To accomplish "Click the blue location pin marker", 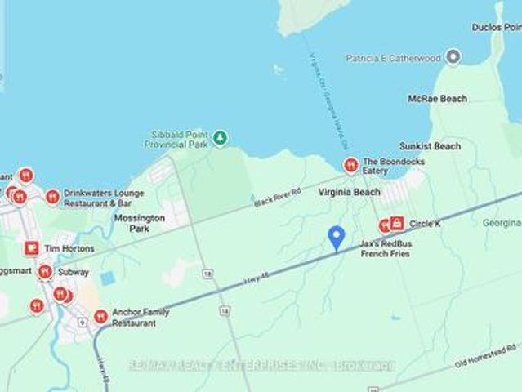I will (335, 238).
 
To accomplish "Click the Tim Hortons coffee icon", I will (31, 247).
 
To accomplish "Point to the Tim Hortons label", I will (69, 248).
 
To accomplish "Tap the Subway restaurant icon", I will (45, 272).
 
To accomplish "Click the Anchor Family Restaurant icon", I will (100, 316).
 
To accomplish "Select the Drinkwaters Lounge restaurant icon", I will (52, 197).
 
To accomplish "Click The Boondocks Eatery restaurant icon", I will (350, 166).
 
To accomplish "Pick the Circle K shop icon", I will (397, 223).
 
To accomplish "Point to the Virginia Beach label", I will (349, 192).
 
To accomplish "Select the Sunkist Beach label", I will (431, 146).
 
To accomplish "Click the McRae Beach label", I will (438, 99).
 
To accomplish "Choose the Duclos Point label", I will (496, 27).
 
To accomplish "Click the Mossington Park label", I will (139, 224).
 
